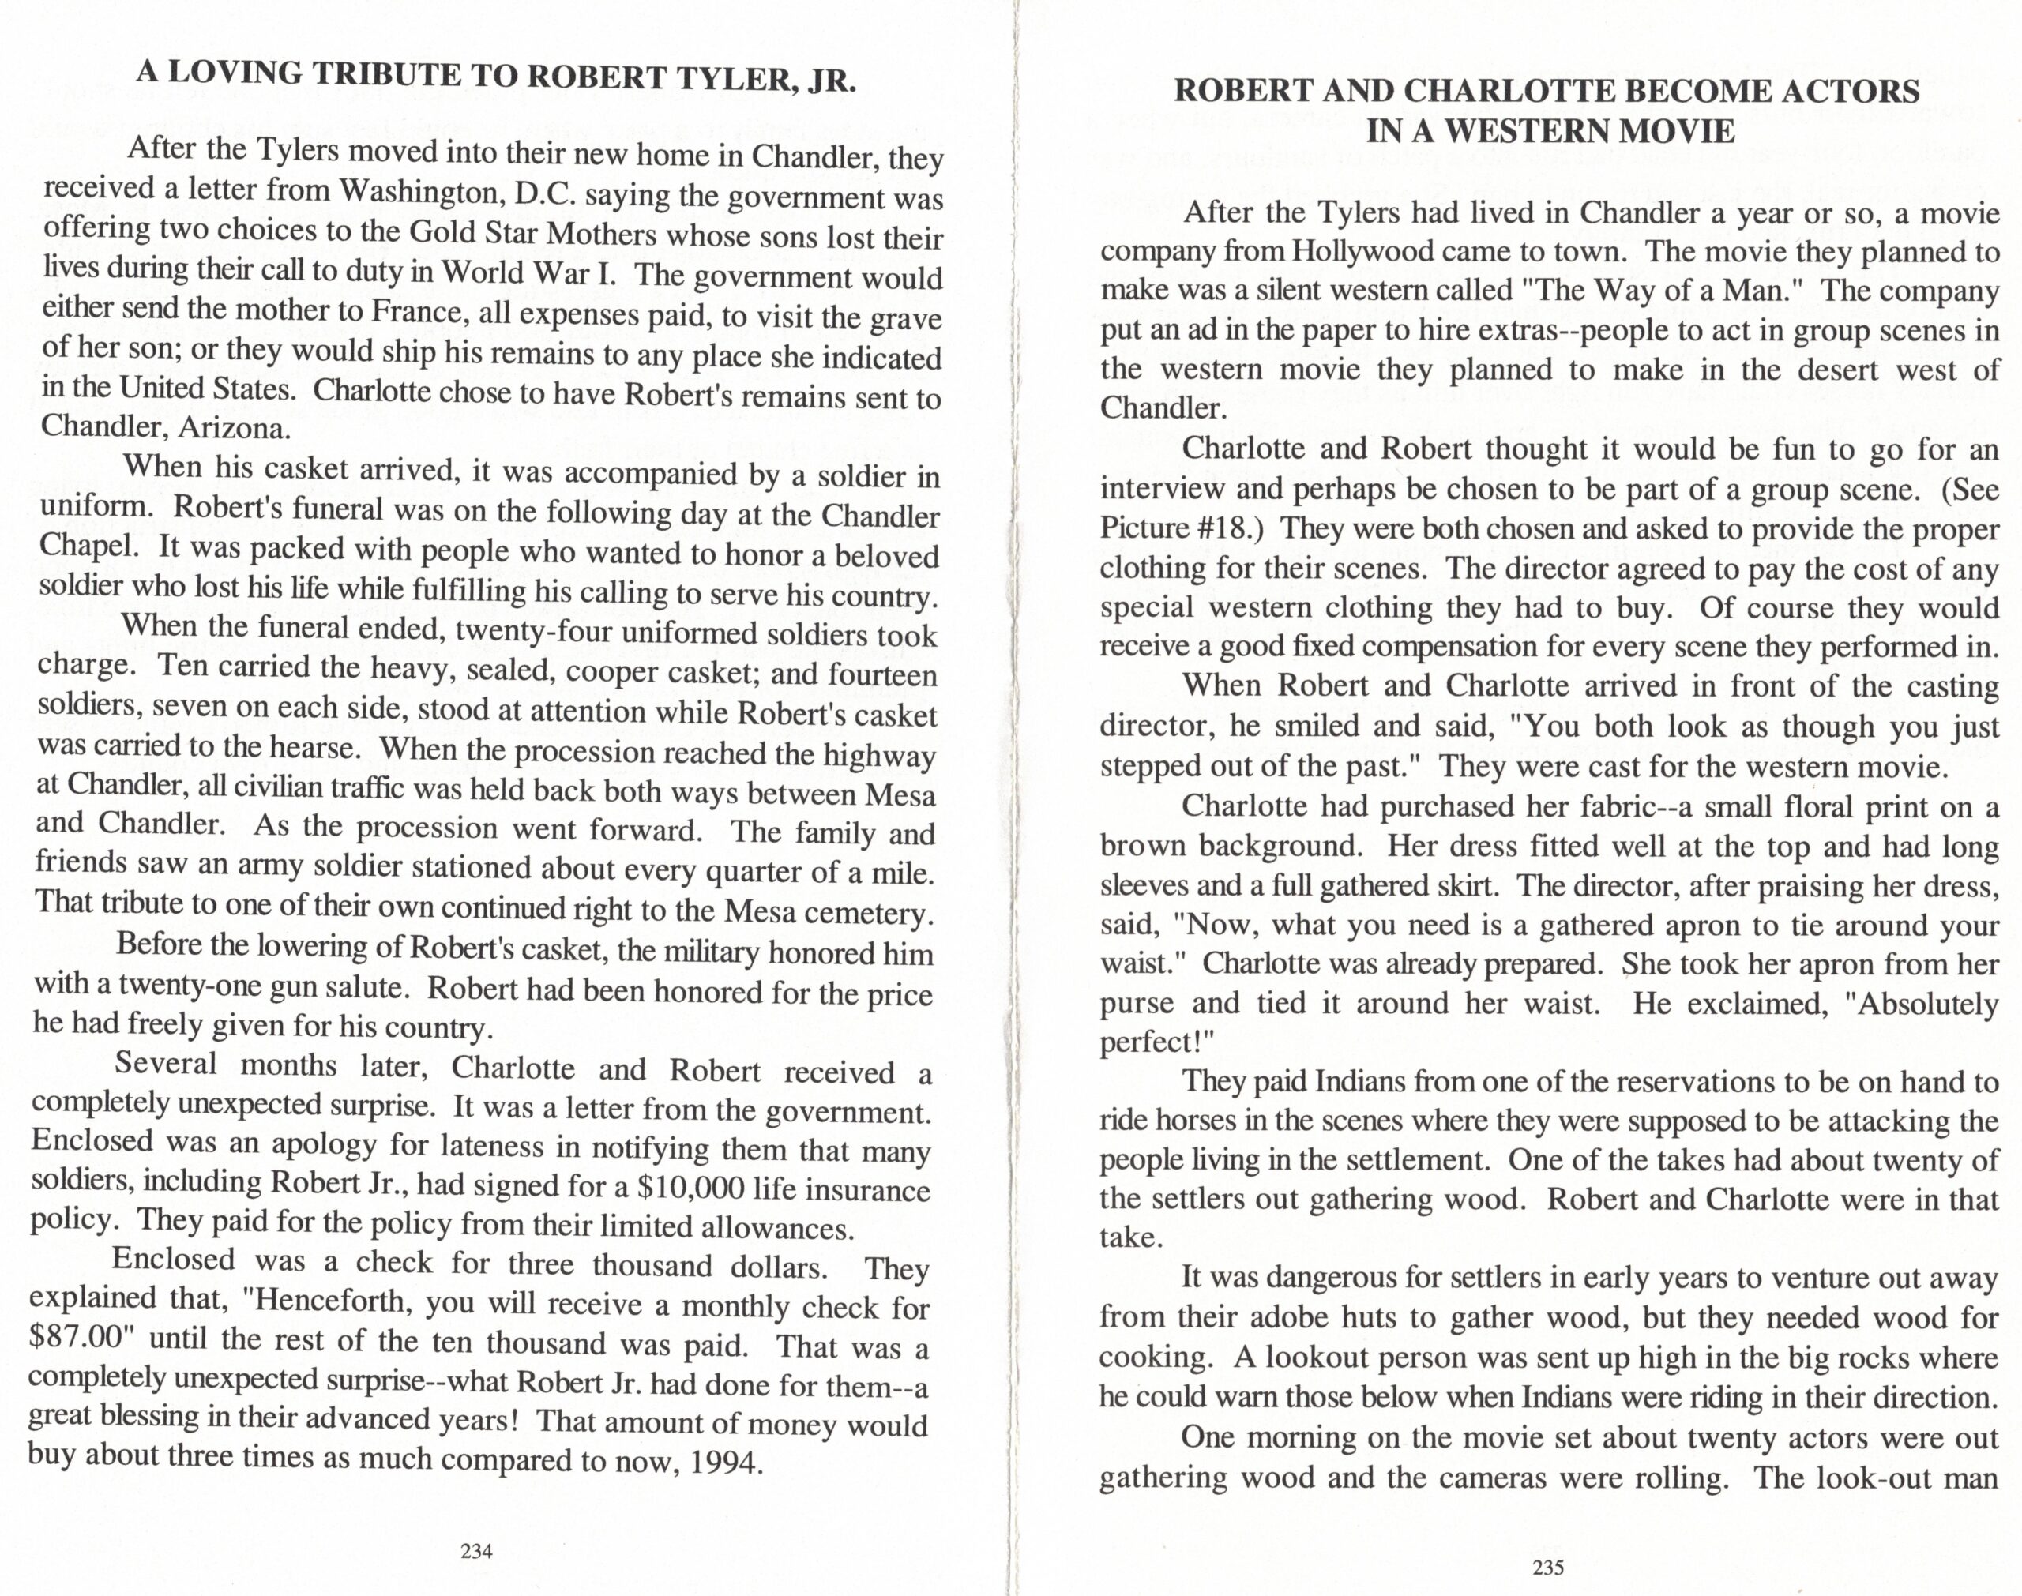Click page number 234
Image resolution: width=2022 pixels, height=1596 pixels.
[x=476, y=1551]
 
